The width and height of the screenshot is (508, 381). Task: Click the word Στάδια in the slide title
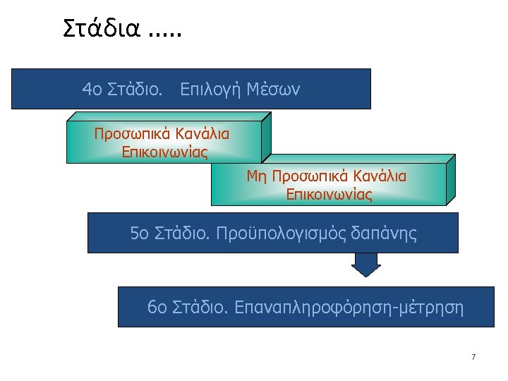[x=102, y=28]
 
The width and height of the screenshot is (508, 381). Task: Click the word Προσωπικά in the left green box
[x=129, y=133]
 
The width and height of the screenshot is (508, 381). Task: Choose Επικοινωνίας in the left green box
[x=164, y=151]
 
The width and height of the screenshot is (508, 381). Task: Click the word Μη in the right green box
[x=256, y=176]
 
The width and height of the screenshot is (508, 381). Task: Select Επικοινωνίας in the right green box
[x=329, y=194]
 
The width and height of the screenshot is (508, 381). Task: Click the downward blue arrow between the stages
[x=366, y=265]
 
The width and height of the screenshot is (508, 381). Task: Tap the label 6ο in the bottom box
[x=157, y=308]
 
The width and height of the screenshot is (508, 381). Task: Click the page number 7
[x=473, y=357]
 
